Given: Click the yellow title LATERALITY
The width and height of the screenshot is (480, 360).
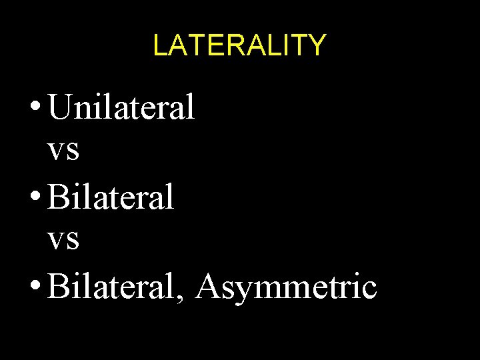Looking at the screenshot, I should [239, 45].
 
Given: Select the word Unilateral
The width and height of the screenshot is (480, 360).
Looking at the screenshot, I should [121, 107].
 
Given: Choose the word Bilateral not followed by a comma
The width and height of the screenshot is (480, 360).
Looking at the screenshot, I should [111, 197].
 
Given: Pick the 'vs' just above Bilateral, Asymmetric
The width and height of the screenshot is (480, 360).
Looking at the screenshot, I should [64, 240].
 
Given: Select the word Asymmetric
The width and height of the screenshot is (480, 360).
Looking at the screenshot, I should [287, 288].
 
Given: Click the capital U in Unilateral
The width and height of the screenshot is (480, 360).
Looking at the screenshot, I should [59, 107].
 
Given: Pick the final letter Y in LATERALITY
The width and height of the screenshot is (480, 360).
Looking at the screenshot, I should [317, 45].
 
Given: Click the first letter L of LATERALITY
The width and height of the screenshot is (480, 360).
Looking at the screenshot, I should [159, 45].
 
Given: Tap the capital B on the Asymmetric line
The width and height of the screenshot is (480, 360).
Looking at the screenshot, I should [58, 287].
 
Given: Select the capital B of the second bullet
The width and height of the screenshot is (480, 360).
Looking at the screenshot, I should [58, 197].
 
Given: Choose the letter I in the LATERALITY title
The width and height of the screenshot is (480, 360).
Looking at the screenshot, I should [287, 45].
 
